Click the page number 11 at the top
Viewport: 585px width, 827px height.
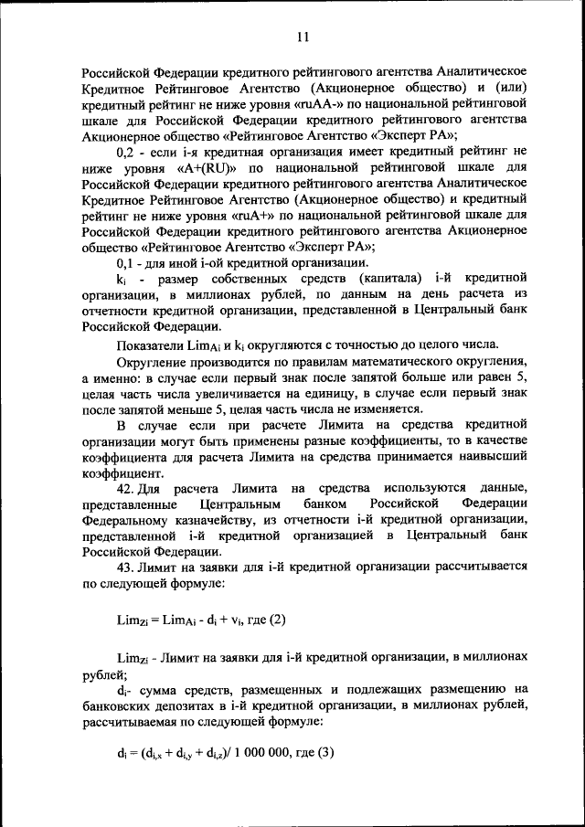(303, 37)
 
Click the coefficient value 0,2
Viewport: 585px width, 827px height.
(129, 151)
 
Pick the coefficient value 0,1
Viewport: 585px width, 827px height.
(129, 262)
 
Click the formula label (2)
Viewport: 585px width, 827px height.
(276, 620)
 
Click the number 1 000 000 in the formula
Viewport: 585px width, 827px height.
(261, 753)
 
